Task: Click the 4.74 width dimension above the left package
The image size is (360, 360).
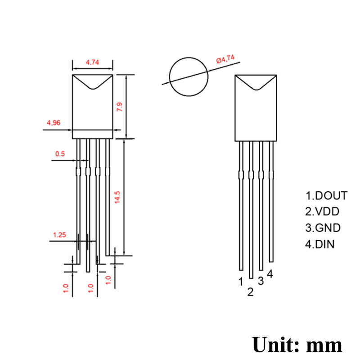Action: click(92, 63)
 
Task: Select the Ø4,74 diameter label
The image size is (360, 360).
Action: click(225, 59)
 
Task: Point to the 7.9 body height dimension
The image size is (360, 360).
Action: click(119, 107)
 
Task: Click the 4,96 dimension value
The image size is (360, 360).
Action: click(54, 122)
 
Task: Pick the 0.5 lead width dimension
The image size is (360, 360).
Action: click(60, 154)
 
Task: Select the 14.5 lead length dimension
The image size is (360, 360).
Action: click(117, 198)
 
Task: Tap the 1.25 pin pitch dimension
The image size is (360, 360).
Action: click(59, 234)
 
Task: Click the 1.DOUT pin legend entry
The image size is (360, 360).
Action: click(326, 196)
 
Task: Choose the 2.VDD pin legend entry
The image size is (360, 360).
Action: click(322, 211)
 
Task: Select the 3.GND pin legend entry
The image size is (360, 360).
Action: click(323, 228)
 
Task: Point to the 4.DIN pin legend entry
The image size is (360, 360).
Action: click(320, 244)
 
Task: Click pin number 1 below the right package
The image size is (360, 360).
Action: click(241, 282)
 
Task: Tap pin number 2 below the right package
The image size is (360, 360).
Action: click(251, 292)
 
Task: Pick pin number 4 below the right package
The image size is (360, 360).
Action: click(270, 274)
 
